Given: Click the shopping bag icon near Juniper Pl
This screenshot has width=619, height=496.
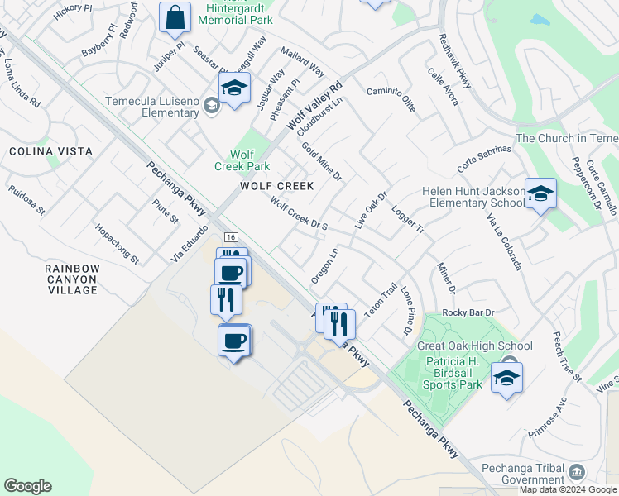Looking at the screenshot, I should [x=175, y=17].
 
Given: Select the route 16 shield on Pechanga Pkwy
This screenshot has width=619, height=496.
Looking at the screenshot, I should [x=231, y=236].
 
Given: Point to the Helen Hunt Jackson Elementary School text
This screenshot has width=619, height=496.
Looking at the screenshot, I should [x=473, y=197].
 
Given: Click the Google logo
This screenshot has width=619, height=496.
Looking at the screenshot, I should [x=27, y=486].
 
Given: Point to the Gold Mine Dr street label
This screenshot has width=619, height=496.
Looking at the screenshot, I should [x=322, y=161].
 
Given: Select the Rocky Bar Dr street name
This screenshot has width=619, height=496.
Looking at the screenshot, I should [x=468, y=312].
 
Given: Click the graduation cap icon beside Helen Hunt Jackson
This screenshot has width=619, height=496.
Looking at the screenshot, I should [x=540, y=194].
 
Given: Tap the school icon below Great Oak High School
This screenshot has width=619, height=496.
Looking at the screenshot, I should [x=506, y=379].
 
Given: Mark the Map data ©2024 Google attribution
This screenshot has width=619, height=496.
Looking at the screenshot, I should [x=569, y=489].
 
